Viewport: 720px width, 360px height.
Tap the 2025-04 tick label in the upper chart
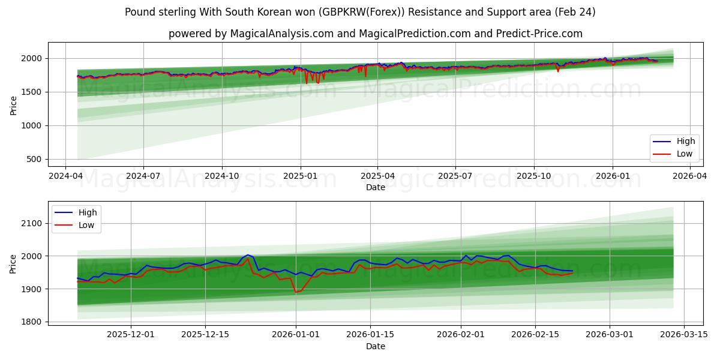377,176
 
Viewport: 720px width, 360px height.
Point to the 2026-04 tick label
689,176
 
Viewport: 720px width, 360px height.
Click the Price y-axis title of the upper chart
14,105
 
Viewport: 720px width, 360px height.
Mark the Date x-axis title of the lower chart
376,346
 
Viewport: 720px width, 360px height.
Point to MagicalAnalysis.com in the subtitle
281,34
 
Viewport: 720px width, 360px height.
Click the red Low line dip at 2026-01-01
295,292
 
